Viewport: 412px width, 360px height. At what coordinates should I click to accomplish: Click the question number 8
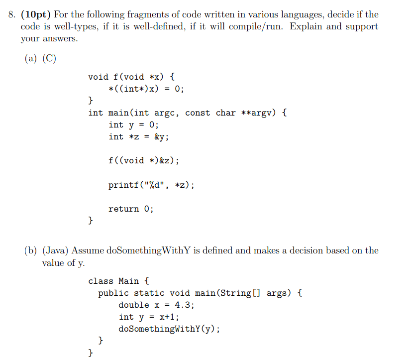pos(11,15)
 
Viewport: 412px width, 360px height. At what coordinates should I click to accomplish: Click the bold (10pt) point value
pos(37,15)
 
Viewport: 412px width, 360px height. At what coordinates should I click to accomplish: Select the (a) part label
pos(31,58)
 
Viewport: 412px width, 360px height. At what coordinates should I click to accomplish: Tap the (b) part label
pos(31,250)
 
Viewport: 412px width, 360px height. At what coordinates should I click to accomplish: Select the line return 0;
pos(131,209)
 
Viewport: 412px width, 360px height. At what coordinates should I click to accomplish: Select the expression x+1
pos(167,317)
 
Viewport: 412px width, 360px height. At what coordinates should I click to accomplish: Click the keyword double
pos(134,305)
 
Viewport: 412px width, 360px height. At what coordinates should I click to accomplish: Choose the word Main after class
pos(129,281)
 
